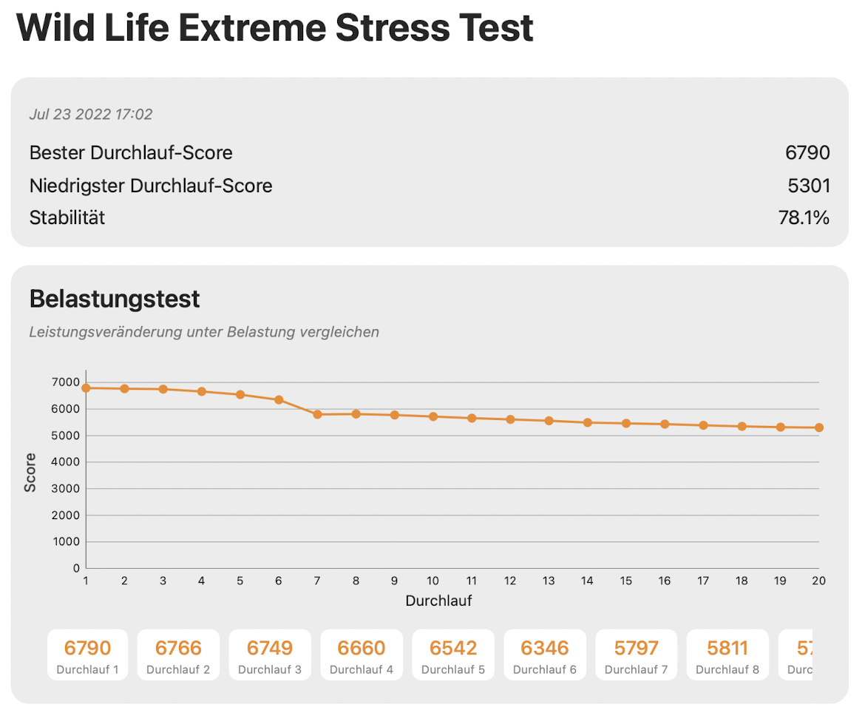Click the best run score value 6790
807,153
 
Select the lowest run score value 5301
809,186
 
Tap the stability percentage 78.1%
804,218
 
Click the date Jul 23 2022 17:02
91,115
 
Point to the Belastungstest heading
115,300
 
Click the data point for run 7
317,415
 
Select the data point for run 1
86,388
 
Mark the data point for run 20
819,427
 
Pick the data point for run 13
549,421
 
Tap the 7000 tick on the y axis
65,382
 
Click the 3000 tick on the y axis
65,489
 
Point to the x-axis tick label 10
432,581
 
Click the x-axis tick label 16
665,581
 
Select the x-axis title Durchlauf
438,601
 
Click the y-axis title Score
30,473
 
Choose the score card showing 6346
545,655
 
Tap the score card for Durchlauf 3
270,655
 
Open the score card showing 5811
727,655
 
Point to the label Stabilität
67,218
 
